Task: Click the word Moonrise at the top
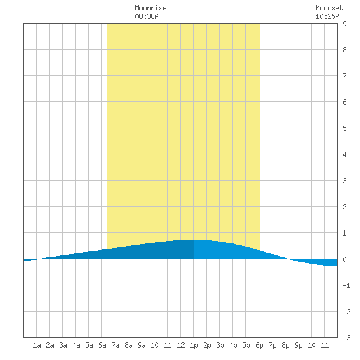click(x=151, y=8)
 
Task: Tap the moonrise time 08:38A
click(x=147, y=16)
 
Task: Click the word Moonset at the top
click(x=329, y=8)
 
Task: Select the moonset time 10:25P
click(x=327, y=16)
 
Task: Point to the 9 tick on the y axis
click(x=344, y=24)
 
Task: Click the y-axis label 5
click(x=344, y=128)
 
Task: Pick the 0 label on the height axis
click(x=344, y=259)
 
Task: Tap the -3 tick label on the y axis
click(x=346, y=338)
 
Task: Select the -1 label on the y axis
click(x=346, y=285)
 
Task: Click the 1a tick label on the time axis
click(x=37, y=345)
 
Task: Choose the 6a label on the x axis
click(x=102, y=345)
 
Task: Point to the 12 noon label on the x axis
click(x=181, y=345)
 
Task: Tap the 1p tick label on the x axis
click(x=194, y=345)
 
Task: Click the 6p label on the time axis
click(x=259, y=345)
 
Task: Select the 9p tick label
click(x=298, y=345)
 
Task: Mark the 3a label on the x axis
click(x=63, y=345)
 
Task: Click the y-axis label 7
click(x=344, y=76)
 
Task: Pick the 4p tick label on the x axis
click(x=233, y=345)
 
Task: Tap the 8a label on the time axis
click(x=128, y=345)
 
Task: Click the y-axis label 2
click(x=344, y=207)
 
